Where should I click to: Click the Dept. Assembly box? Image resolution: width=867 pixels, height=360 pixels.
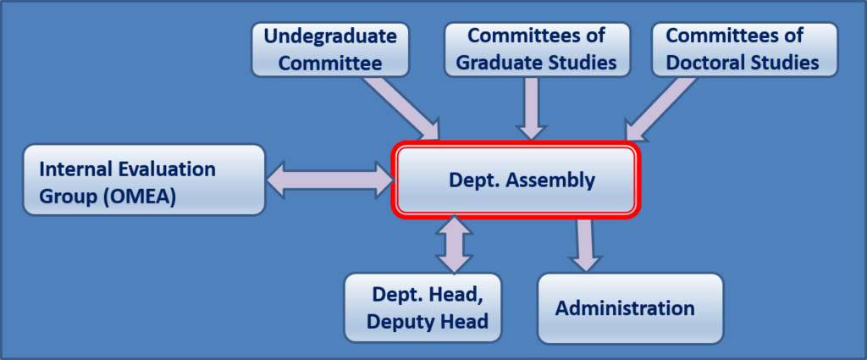pos(515,180)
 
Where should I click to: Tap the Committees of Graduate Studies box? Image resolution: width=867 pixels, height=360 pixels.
pos(537,49)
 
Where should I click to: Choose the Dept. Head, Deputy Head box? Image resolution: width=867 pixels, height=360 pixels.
pos(422,307)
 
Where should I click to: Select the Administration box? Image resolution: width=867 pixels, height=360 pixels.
pos(631,307)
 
